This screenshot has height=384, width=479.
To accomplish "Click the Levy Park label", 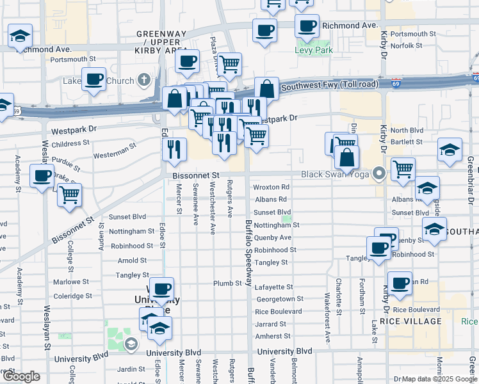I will coord(313,49).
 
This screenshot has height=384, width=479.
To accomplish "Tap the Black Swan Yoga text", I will coord(337,174).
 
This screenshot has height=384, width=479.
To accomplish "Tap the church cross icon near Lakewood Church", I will coord(145,81).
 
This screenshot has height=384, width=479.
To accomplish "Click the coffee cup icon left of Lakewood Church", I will coord(93,79).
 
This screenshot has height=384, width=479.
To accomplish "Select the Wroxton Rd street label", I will coord(271,188).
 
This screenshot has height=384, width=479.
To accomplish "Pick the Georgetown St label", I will coord(279,299).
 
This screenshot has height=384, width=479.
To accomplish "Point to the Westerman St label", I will coord(115,155).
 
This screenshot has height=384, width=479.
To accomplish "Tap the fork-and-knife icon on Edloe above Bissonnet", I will coord(174,149).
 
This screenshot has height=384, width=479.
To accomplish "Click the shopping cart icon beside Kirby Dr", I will coord(403,169).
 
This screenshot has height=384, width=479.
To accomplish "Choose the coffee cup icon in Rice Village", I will coord(401,282).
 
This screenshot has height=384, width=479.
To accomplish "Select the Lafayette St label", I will coord(273,287).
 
